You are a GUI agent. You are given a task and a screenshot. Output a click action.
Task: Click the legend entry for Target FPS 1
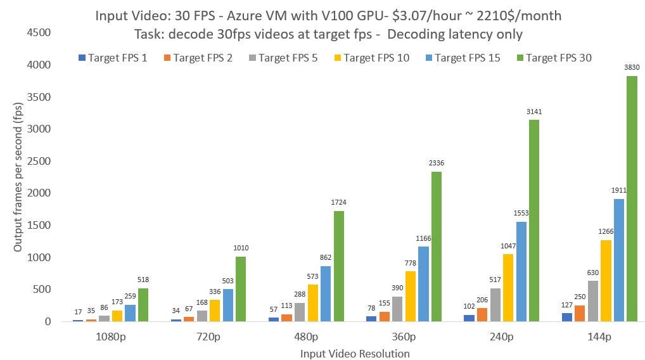[x=113, y=58]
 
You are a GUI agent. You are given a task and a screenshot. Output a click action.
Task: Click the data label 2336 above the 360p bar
[x=437, y=163]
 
